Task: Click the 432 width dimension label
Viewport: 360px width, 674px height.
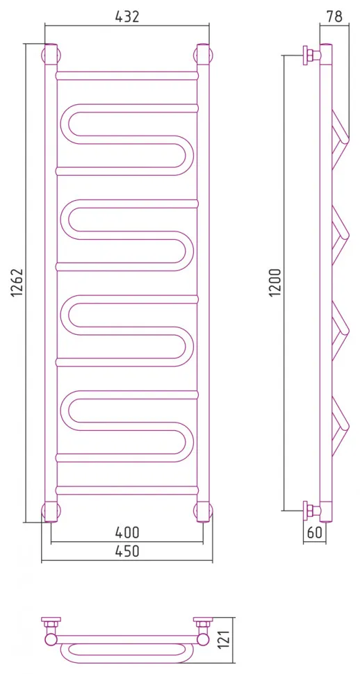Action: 127,17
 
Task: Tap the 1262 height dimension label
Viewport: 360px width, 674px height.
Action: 17,283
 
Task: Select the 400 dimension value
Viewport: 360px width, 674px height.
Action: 127,532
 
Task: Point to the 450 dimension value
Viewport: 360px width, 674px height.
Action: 127,551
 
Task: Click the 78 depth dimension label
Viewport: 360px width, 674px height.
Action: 334,17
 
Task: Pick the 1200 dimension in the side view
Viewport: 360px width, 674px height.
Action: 275,282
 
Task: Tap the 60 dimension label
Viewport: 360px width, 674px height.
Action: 315,533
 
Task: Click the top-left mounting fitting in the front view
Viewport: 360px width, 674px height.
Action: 50,55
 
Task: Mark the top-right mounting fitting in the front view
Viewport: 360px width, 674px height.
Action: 204,55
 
